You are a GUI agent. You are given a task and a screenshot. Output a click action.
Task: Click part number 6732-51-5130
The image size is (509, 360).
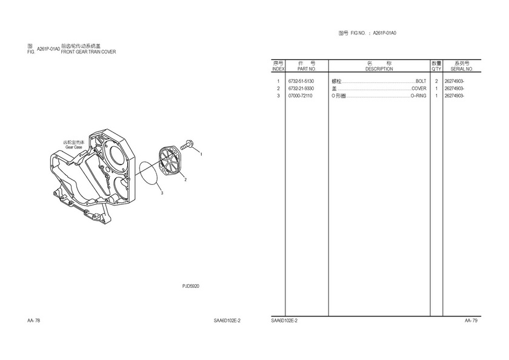point(301,81)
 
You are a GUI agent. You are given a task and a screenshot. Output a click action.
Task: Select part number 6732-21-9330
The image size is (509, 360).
point(301,88)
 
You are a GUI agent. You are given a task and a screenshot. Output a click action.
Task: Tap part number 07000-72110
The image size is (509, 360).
point(301,96)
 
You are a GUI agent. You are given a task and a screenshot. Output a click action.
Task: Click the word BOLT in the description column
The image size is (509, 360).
point(421,81)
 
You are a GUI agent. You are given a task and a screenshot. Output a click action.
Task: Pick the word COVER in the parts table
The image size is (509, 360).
point(419,88)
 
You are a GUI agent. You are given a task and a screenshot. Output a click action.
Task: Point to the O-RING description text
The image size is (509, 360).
point(419,96)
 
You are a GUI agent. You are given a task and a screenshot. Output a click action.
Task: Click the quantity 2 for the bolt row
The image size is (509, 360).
point(436,81)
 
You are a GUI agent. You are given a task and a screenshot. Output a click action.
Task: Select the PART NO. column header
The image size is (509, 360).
point(307,69)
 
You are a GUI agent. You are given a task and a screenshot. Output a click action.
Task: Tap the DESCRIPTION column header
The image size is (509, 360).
point(379,69)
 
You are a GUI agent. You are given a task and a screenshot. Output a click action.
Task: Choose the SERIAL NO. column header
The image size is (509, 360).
point(462,69)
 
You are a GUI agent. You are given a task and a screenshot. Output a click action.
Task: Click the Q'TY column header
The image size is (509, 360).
point(436,69)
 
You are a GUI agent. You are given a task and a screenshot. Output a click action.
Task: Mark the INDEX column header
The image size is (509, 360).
point(278,69)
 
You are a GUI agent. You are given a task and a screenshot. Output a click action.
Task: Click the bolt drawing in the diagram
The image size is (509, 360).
point(186,144)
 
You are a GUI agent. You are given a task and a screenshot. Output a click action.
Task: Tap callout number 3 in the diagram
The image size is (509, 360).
point(162,193)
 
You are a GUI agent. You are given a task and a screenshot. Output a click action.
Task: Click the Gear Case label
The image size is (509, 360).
point(74,147)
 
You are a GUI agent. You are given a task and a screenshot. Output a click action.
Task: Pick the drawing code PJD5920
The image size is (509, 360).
point(190,286)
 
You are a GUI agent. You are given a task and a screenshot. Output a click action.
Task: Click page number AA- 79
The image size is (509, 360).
point(471,321)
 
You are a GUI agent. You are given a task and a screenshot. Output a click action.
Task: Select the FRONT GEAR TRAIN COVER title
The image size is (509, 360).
point(88,52)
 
